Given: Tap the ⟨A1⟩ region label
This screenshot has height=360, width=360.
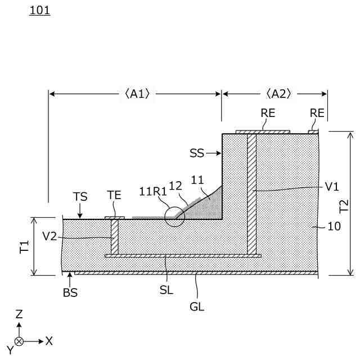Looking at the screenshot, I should pos(137,94).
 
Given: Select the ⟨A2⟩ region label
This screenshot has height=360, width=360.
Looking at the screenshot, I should pos(279,94).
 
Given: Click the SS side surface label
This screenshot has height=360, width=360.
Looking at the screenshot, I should pos(197,152).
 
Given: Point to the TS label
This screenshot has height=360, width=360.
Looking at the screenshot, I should pos(80,197).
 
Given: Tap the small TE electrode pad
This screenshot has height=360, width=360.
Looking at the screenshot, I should pos(115,217).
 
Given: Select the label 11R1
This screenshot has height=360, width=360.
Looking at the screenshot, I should pos(154,191).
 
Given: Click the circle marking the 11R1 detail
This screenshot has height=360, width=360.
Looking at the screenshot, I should pos(174,217).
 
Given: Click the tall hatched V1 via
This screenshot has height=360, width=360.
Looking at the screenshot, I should pos(252,194).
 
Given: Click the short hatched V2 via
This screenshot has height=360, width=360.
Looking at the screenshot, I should pos(115,237).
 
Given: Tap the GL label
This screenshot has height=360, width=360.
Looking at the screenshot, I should pos(197,307).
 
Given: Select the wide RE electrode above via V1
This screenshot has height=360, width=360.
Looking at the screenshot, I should pos(263,132).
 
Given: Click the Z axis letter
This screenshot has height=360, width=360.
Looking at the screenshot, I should pos(19,314).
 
